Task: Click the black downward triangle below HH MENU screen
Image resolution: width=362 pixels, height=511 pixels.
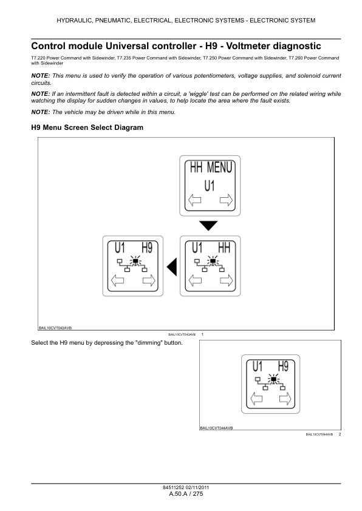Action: coord(208,225)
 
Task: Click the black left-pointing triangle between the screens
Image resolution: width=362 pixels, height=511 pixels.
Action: coord(172,266)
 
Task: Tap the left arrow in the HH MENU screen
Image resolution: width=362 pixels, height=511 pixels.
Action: coord(195,200)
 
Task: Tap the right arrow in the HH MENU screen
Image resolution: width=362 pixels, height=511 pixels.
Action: coord(226,200)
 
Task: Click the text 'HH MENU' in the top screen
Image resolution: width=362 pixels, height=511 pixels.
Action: coord(211,168)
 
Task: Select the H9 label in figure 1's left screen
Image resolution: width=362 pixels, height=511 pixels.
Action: coord(147,248)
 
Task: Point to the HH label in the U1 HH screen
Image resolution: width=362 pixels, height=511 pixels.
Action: coord(224,248)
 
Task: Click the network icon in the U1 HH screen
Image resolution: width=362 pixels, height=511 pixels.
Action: coord(208,264)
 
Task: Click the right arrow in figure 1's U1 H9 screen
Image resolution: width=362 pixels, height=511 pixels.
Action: coord(149,280)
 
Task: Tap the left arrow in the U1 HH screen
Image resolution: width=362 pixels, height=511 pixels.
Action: coord(195,280)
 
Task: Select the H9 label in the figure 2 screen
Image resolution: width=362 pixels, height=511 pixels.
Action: coord(284,367)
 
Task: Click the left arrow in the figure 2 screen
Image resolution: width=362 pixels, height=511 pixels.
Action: coord(256,398)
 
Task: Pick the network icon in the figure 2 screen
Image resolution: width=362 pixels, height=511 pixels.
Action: coord(270,382)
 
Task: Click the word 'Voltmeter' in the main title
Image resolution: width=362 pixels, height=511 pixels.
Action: coord(248,46)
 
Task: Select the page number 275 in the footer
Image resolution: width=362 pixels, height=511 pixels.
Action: coord(197,494)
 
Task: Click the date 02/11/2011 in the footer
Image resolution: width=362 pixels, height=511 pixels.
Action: coord(197,487)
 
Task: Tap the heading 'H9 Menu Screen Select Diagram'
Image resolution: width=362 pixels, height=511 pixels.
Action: coord(87,127)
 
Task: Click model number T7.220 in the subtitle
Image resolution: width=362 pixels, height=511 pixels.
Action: coord(38,58)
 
